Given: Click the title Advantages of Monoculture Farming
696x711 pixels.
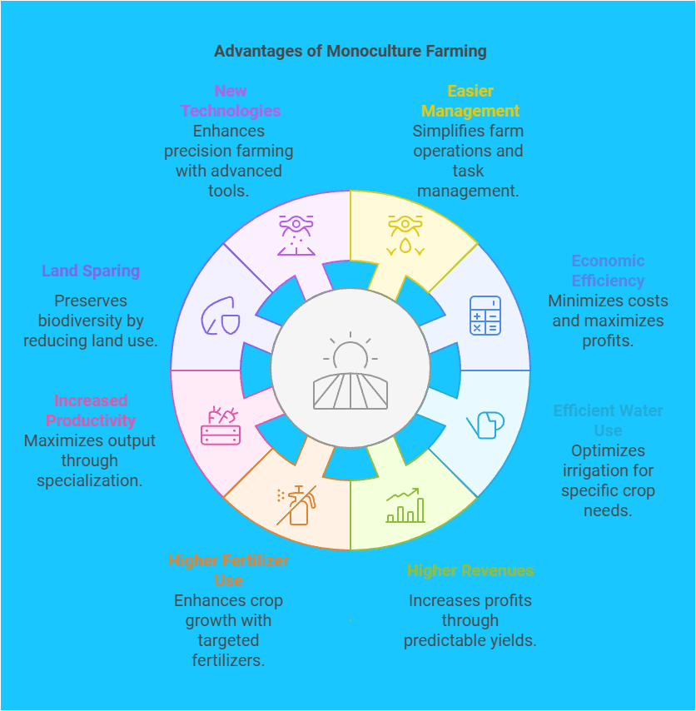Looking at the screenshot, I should point(350,51).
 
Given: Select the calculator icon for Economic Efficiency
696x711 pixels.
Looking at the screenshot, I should point(485,316).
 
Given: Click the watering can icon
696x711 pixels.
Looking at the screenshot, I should point(486,425).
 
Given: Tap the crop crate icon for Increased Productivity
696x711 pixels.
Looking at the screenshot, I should point(221,425).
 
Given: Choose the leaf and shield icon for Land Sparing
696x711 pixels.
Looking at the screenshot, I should point(221,316).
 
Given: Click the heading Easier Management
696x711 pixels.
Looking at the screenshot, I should point(470,101).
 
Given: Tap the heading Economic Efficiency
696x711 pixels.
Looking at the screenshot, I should point(608,271).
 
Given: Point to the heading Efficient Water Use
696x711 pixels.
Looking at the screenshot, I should point(608,420).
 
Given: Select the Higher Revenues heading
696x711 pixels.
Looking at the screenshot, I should point(470,570).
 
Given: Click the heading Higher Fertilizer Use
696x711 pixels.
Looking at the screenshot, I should point(229,570).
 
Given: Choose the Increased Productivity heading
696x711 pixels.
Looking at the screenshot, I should point(91,410).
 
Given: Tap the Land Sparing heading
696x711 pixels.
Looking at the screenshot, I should point(91,271).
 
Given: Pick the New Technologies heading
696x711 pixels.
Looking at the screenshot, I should point(231,101).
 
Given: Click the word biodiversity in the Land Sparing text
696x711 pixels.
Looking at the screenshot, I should point(91,321).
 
